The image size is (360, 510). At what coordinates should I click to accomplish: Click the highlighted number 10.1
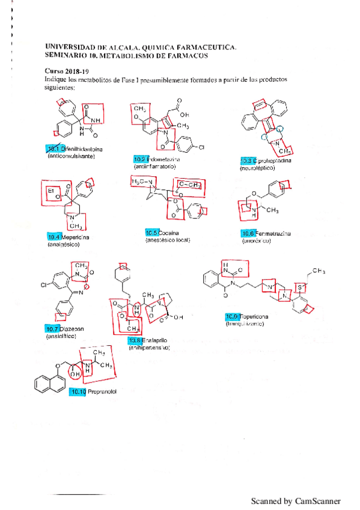(53, 149)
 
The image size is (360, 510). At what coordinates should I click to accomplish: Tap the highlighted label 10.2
(140, 159)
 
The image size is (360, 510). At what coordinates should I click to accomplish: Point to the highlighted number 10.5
(152, 233)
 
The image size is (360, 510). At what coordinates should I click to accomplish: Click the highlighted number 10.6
(248, 233)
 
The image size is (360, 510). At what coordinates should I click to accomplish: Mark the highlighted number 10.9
(232, 317)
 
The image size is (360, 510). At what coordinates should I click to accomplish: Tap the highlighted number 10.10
(78, 392)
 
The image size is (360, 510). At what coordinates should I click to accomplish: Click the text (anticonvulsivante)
(71, 156)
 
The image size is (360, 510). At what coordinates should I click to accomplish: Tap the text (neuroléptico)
(258, 168)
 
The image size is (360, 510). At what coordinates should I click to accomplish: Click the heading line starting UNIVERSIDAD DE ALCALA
(141, 46)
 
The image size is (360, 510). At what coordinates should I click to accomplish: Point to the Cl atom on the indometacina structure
(201, 147)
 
